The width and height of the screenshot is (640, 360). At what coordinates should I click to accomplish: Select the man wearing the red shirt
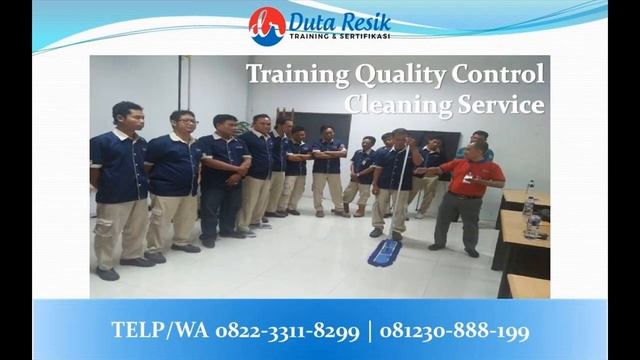point(467,195)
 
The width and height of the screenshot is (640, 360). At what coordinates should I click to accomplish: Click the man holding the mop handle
point(393,185)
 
